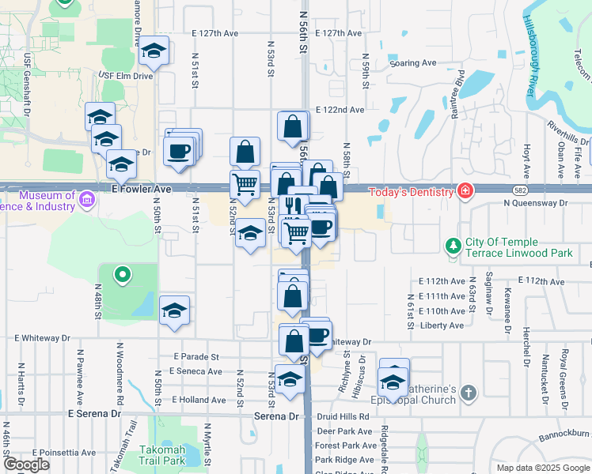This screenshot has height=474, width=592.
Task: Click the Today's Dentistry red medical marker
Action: coord(466,191)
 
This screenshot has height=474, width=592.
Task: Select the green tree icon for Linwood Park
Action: coord(453,246)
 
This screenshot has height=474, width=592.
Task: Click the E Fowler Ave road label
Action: coord(142,190)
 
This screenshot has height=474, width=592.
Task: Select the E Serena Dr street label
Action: coord(94,413)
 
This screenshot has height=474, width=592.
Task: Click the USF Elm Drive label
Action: coord(125,75)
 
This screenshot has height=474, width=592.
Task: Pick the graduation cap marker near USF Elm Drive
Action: coord(154,52)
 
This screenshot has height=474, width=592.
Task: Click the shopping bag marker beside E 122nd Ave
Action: coord(293,126)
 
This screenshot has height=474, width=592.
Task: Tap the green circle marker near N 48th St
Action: coord(122,276)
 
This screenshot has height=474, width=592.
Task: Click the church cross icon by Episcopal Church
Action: coord(469,393)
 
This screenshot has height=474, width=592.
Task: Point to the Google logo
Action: coord(27,465)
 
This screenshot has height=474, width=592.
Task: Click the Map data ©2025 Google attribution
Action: coord(543,468)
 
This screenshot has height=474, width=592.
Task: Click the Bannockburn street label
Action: coord(567,434)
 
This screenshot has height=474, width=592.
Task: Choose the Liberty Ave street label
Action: coord(441,325)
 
